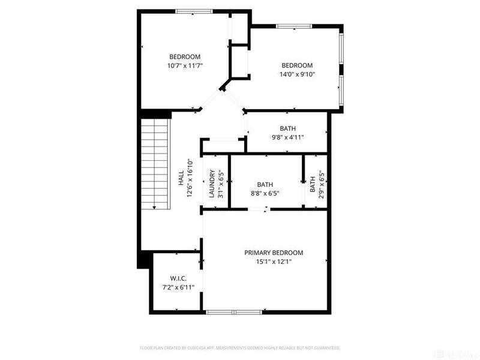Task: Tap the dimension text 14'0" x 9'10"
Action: click(298, 74)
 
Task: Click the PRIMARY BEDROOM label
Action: click(273, 253)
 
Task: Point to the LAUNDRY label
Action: click(212, 184)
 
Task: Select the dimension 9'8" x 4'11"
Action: click(287, 137)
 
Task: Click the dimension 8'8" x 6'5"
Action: click(265, 193)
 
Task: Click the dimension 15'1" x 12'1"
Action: click(273, 262)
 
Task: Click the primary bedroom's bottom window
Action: click(235, 312)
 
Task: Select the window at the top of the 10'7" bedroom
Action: click(193, 11)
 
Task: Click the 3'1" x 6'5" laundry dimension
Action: click(221, 184)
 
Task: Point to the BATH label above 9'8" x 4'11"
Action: click(287, 128)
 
